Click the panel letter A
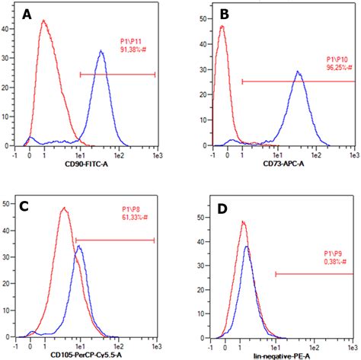click(28, 15)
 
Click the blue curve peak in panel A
click(101, 52)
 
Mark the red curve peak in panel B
click(222, 27)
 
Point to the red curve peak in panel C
click(64, 209)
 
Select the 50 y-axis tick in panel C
click(7, 204)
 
